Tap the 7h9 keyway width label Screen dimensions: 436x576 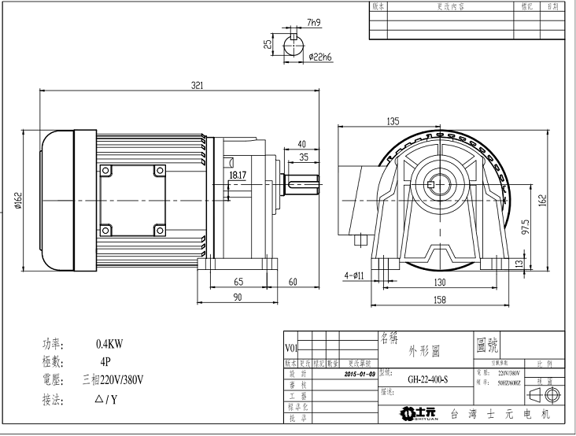coord(315,24)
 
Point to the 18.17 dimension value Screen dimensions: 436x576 coord(238,176)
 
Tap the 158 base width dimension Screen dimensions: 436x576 coord(440,300)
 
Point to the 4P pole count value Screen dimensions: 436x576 coord(105,362)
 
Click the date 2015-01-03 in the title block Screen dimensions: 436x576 coord(360,374)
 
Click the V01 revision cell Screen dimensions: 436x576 coord(290,346)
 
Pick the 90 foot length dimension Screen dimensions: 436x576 coord(236,297)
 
